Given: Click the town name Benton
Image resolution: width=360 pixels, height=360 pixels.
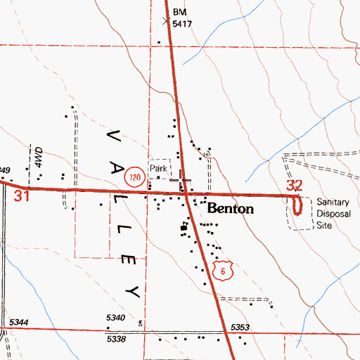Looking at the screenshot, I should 230,210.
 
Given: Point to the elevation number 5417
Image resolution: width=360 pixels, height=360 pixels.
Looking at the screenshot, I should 183,23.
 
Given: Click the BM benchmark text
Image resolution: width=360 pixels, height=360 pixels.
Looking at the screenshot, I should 181,13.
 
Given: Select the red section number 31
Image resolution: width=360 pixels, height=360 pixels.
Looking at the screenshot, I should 22,196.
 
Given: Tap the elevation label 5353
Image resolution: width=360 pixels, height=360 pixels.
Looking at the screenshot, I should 240,328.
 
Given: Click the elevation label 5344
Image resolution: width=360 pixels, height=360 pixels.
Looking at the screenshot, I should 20,322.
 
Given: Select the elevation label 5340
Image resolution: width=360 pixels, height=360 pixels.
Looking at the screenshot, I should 116,319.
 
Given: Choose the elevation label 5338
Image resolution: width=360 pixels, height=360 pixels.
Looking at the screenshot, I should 115,339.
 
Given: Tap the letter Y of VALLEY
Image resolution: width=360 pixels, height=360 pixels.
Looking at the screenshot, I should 129,290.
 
